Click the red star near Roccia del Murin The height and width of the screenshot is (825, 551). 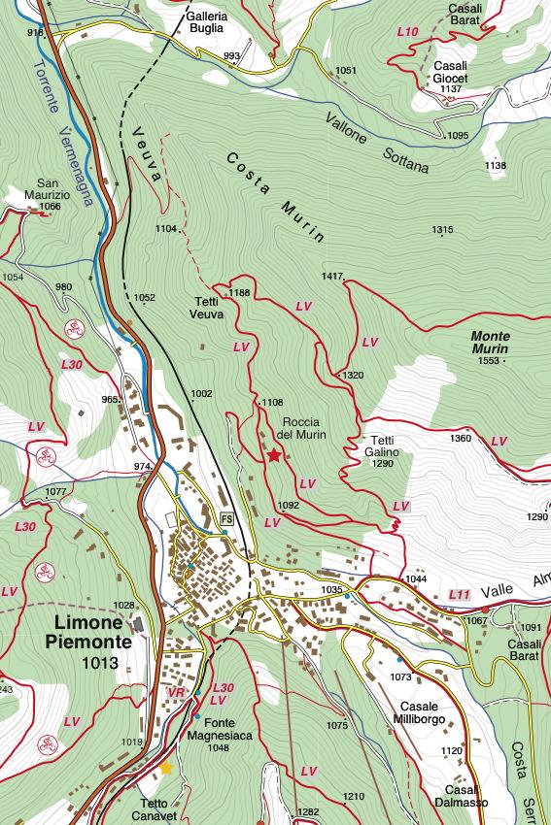point(275,454)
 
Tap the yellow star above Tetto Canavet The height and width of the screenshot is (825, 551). point(166,768)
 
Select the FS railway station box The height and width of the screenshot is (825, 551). point(227,518)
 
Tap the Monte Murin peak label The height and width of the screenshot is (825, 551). point(497,342)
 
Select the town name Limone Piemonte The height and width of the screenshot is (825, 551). point(86,632)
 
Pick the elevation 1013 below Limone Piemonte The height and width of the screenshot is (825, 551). point(100,664)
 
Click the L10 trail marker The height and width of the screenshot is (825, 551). point(408,32)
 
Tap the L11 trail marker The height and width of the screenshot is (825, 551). point(460,593)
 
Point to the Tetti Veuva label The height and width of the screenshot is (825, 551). point(206,307)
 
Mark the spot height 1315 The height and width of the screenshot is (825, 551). point(442,230)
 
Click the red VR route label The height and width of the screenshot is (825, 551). point(176,692)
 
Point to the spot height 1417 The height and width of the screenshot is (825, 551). point(332,277)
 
